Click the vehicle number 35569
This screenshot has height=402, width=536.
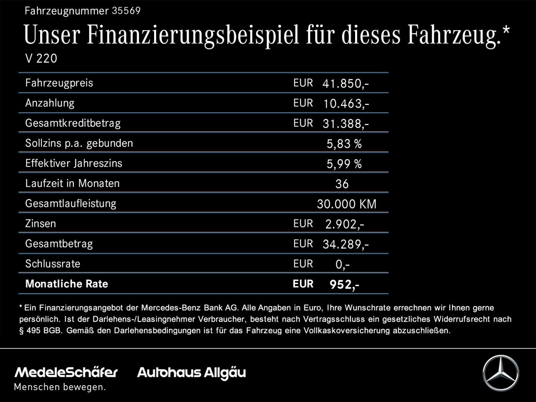tap(126, 11)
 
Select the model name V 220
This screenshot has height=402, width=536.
tap(41, 59)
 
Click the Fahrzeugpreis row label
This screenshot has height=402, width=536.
tap(59, 83)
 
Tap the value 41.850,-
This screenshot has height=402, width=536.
tap(345, 84)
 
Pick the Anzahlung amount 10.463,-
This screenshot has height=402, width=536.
tap(346, 104)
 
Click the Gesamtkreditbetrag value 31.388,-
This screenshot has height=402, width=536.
tap(346, 124)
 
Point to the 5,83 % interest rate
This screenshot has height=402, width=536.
tap(344, 144)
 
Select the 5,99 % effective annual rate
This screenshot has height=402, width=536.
tap(344, 164)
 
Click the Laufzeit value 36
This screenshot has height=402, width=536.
tap(342, 184)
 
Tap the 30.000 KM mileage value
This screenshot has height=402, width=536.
tap(347, 204)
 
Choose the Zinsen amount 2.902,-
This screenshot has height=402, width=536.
tap(345, 224)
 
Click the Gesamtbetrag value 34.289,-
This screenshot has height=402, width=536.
tap(346, 245)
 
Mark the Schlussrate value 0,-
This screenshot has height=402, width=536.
tap(343, 265)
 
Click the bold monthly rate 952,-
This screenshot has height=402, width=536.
tap(344, 285)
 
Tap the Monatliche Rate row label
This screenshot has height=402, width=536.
tap(67, 284)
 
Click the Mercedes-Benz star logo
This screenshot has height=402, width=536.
tap(500, 373)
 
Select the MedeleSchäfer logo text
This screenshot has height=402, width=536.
tap(66, 372)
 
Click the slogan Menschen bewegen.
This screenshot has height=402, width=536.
tap(60, 387)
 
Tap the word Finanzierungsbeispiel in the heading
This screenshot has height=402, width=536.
tap(193, 35)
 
